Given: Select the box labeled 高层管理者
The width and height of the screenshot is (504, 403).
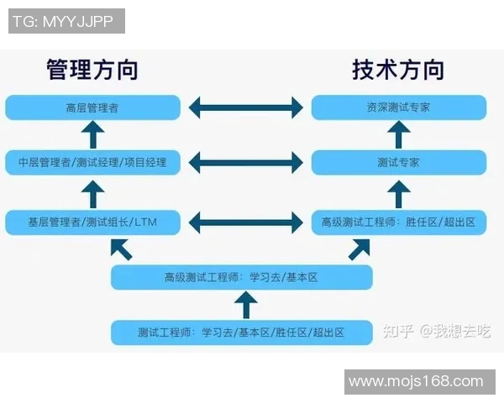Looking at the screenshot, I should point(92,107).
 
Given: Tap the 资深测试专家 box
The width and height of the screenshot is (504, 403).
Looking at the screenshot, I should point(398,107).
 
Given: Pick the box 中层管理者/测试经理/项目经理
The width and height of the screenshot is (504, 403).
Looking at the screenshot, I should point(92,162).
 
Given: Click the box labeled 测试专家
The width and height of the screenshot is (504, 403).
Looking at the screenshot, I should point(398,162).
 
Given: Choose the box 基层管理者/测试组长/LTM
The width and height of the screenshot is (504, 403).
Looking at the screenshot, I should point(92,222).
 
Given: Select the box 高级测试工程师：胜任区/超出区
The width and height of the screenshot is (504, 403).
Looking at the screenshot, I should point(398,222).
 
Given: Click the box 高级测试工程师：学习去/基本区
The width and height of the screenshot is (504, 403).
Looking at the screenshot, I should point(241,277).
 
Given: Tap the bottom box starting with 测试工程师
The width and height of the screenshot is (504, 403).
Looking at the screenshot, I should point(241,332).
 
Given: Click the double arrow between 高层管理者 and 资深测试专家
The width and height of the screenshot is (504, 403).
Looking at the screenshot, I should point(245,107).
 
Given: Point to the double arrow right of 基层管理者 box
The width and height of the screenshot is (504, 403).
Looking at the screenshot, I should point(245,222).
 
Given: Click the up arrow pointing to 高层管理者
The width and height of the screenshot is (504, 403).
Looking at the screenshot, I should point(94,134).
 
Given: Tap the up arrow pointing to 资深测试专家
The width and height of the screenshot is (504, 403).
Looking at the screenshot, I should point(400,134).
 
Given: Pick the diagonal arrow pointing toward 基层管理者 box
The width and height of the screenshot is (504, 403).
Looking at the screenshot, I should point(121,249).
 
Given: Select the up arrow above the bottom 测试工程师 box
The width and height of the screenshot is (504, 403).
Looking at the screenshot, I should point(244,305).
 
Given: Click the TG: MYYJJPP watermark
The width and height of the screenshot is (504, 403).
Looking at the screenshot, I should point(66,21).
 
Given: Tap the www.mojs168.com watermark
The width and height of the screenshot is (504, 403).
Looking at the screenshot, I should point(416,382).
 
